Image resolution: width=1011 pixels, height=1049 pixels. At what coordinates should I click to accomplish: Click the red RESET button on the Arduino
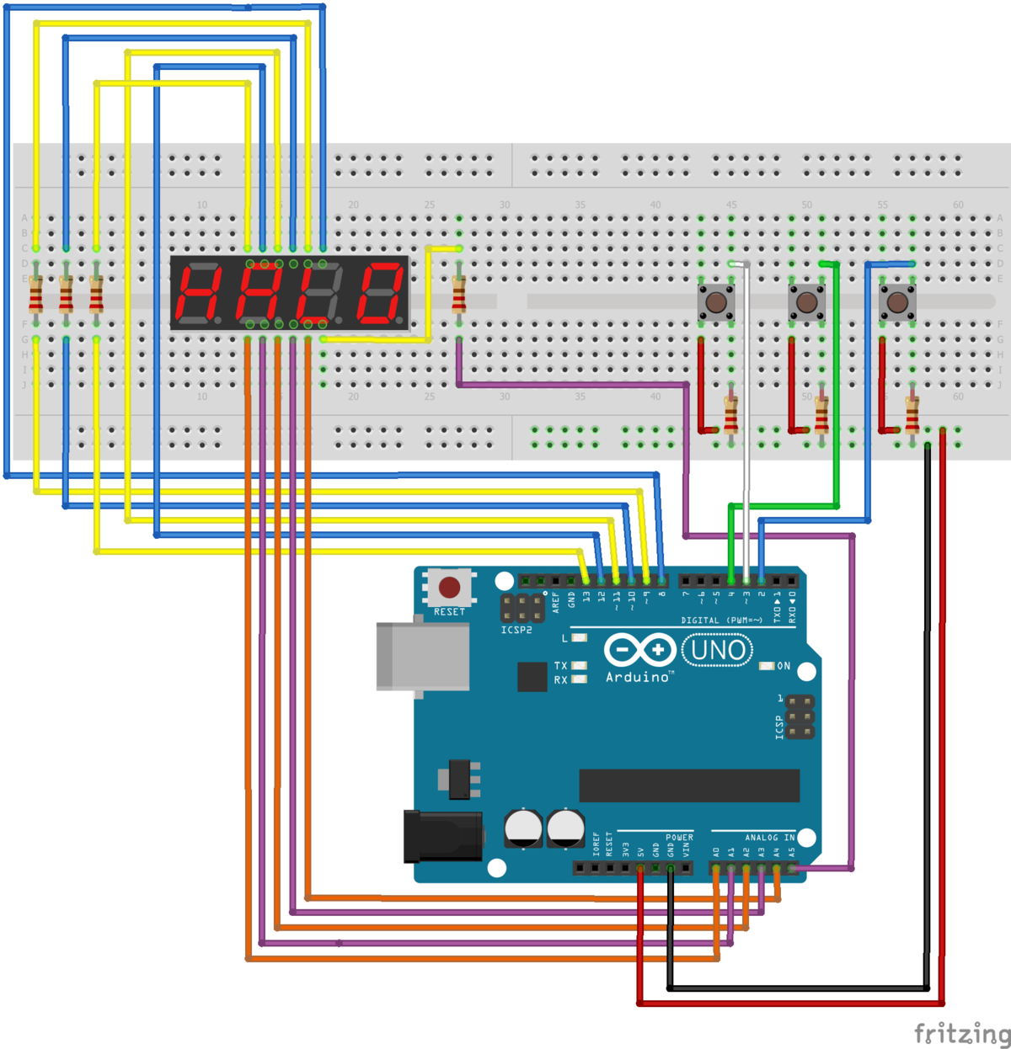tap(449, 587)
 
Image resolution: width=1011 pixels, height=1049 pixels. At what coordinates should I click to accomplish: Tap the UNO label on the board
tap(717, 651)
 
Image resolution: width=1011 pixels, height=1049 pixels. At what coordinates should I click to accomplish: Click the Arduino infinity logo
tap(639, 650)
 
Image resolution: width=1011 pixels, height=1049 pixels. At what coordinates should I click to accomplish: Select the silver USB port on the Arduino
tap(422, 657)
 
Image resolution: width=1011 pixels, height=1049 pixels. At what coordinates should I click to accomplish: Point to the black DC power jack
tap(442, 836)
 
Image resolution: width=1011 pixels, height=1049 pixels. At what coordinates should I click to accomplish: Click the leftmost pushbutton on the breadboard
tap(716, 302)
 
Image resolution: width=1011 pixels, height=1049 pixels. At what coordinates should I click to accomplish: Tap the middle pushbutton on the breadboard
tap(806, 302)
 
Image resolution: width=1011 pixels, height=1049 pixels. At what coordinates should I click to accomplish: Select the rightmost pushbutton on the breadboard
tap(897, 302)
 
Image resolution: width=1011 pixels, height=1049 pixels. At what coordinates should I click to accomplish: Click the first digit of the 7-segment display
tap(198, 294)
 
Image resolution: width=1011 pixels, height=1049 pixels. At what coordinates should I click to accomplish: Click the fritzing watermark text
tap(961, 1033)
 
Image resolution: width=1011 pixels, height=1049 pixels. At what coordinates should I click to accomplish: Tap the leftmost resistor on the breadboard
tap(36, 295)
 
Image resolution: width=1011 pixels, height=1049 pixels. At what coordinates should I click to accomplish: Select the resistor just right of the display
tap(459, 295)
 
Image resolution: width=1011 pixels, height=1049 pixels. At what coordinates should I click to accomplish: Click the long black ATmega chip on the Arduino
tap(689, 785)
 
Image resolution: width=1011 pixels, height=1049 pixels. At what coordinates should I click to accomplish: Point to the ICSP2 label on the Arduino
tap(516, 630)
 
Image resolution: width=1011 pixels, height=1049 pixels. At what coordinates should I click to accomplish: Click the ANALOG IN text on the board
tap(769, 838)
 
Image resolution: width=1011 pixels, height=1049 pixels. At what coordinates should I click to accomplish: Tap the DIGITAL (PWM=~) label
tap(721, 620)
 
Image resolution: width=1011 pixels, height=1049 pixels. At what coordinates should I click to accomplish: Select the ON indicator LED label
tap(784, 666)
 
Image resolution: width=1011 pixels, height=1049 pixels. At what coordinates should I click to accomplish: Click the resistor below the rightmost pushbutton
tap(912, 414)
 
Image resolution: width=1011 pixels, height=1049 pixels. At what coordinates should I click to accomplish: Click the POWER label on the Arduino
tap(679, 838)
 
